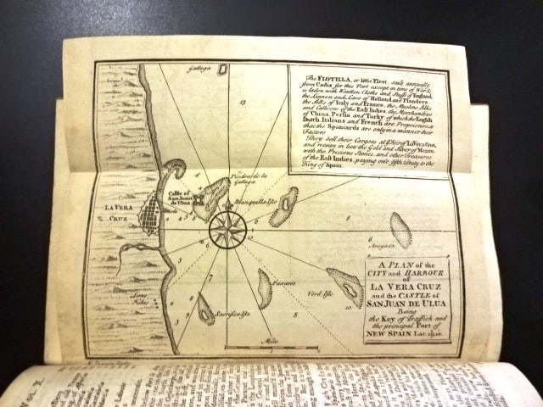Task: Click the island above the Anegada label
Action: pyautogui.click(x=400, y=229)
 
